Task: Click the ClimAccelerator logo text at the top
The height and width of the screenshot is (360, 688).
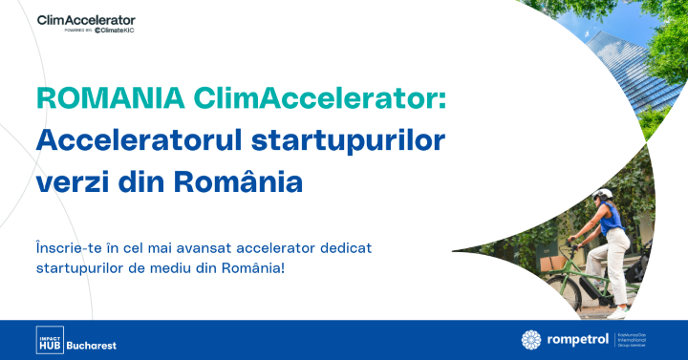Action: (86, 19)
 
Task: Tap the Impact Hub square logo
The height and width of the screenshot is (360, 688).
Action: (50, 339)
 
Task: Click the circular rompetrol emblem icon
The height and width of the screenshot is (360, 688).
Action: (531, 339)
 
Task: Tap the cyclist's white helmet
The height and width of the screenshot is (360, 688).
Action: (601, 195)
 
